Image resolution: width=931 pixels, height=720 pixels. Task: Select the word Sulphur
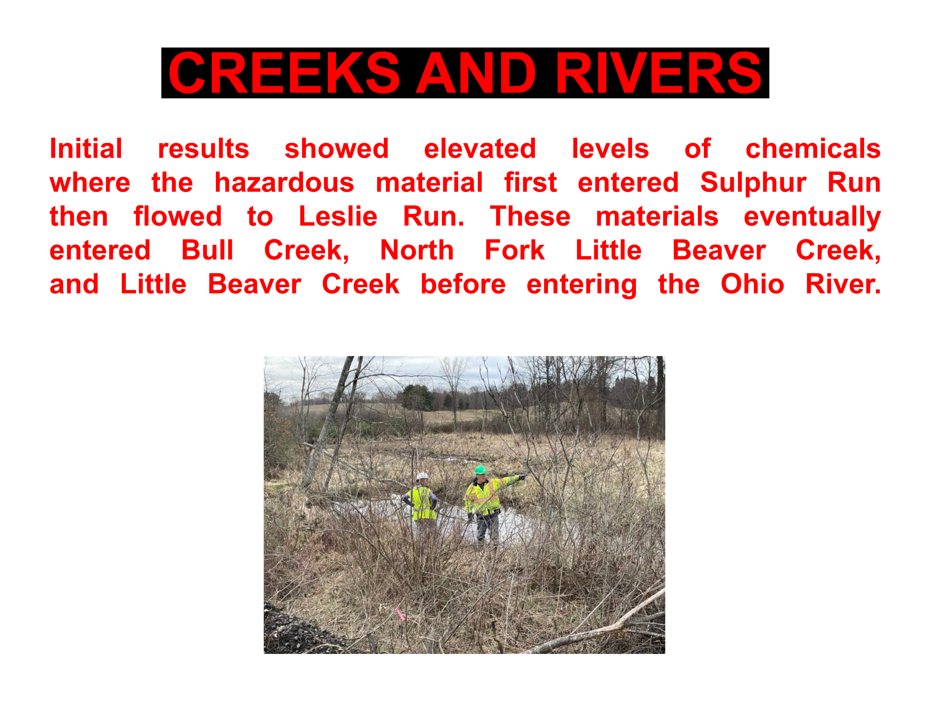click(x=753, y=183)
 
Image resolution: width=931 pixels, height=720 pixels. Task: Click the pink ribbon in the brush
click(x=401, y=613)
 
